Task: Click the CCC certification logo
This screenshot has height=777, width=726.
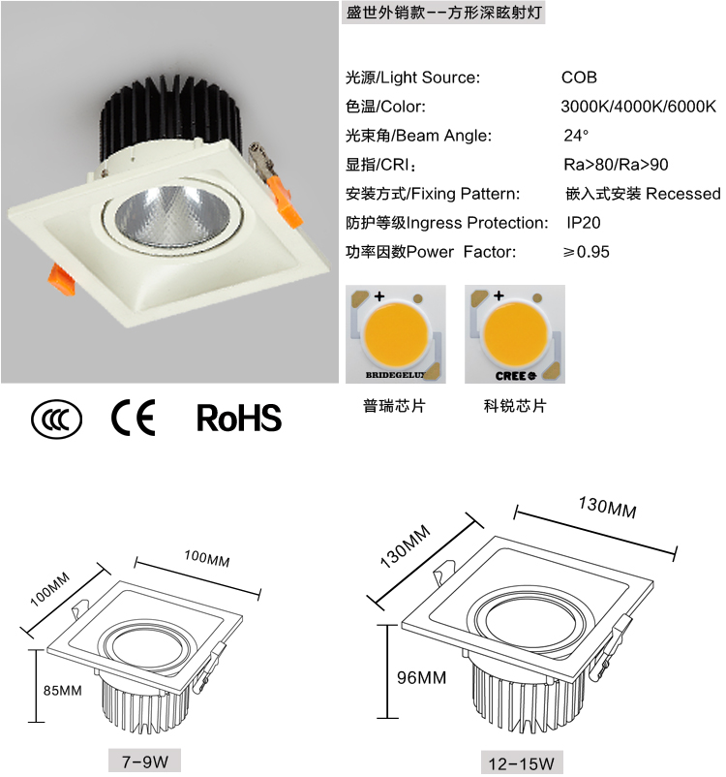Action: tap(57, 419)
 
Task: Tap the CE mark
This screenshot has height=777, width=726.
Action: tap(134, 418)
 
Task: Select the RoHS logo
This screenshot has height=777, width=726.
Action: tap(239, 418)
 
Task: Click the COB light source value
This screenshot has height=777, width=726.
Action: tap(579, 78)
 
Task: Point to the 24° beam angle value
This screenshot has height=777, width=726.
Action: tap(576, 136)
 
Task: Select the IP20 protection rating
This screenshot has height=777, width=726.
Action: tap(584, 223)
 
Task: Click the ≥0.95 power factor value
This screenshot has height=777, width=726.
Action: tap(586, 252)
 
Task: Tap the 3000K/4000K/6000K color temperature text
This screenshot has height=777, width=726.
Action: tap(638, 107)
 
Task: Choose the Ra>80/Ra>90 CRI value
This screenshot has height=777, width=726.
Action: tap(616, 165)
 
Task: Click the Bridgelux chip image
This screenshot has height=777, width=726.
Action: tap(396, 334)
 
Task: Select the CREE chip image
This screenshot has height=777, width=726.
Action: tap(515, 334)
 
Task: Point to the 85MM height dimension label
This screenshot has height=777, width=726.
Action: tap(62, 690)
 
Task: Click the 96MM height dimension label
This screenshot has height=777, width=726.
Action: tap(421, 677)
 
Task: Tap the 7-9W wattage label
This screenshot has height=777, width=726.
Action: tap(144, 761)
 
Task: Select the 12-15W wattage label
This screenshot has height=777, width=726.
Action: tap(522, 763)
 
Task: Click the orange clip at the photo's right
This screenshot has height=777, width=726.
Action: tap(284, 202)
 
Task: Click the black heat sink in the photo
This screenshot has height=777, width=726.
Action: tap(168, 114)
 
